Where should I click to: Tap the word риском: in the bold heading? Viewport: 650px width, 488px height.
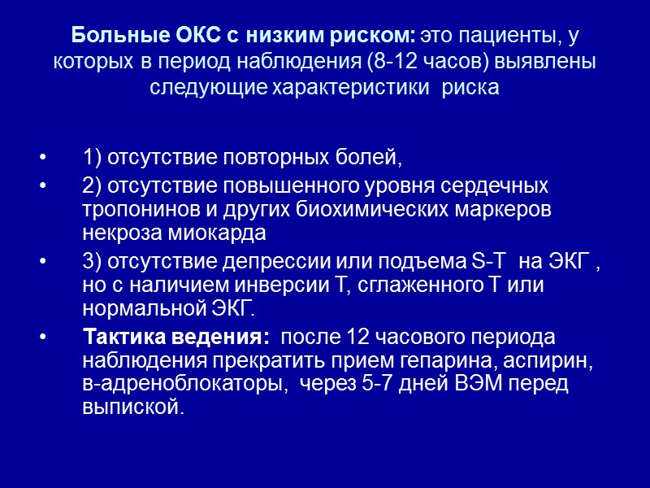375,37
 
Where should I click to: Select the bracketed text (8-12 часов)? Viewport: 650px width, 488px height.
366,63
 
